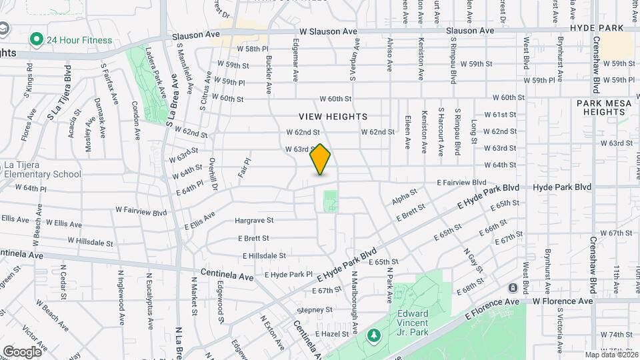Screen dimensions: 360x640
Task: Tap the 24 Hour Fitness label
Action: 79,40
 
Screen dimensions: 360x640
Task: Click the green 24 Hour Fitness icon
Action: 37,40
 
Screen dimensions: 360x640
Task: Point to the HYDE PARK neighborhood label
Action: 597,28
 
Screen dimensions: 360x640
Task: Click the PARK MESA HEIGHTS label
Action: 600,107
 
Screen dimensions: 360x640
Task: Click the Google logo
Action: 22,351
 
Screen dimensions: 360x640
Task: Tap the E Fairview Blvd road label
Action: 461,182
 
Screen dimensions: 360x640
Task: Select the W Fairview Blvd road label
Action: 141,211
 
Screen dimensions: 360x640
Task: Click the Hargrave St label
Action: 254,220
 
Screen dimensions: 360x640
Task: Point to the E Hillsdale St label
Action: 264,255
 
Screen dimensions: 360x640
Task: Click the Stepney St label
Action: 314,310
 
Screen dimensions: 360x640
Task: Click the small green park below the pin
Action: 330,201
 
